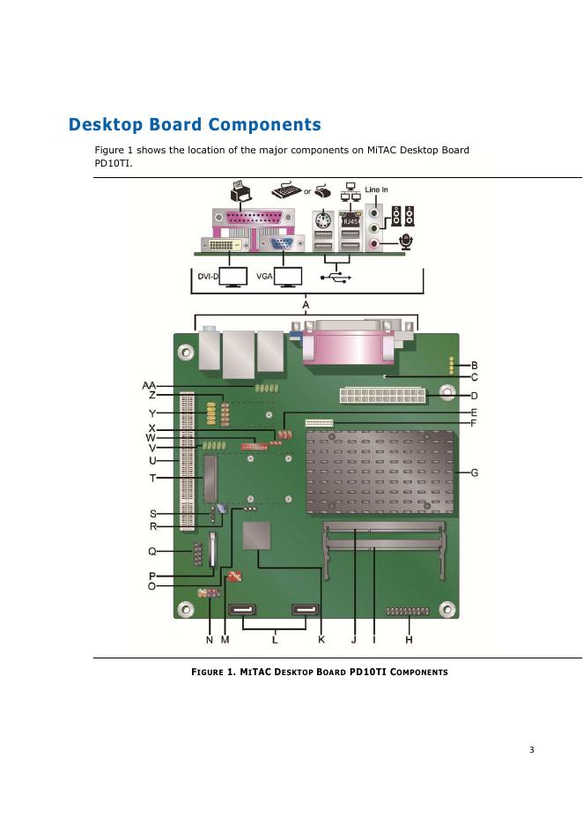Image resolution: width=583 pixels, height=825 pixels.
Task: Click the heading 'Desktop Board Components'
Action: (195, 125)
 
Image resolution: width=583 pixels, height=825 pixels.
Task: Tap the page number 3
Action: (531, 750)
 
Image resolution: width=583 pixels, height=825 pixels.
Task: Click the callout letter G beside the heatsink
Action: (475, 473)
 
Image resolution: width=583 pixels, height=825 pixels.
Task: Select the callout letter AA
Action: (150, 385)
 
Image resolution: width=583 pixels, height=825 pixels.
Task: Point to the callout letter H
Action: (409, 640)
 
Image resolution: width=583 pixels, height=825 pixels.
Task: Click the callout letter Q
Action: (152, 552)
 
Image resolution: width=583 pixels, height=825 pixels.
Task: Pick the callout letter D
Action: (474, 396)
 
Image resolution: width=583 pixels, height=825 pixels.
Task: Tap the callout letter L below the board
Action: (276, 639)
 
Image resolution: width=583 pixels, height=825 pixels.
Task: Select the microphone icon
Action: (408, 242)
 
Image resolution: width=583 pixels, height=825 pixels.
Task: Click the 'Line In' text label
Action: (377, 190)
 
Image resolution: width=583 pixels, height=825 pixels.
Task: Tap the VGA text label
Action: (263, 277)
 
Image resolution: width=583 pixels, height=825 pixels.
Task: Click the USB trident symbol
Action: (336, 277)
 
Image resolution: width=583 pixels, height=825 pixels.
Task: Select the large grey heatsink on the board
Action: (380, 472)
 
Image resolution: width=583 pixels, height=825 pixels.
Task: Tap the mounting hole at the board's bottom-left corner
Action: (185, 609)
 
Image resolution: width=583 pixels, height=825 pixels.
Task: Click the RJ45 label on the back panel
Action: (351, 222)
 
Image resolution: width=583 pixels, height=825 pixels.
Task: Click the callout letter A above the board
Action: (306, 305)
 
